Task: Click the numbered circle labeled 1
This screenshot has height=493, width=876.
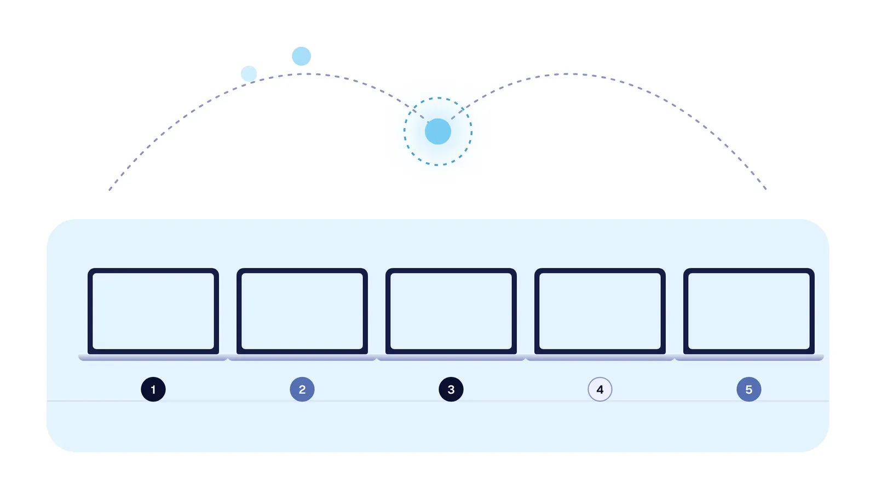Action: [x=153, y=389]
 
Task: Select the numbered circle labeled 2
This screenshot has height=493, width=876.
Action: [x=302, y=389]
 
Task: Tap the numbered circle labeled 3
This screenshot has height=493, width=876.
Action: [x=451, y=389]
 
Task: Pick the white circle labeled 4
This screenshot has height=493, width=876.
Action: [x=600, y=389]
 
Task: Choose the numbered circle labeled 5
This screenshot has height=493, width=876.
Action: [x=749, y=389]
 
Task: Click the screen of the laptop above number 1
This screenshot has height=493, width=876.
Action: [x=153, y=311]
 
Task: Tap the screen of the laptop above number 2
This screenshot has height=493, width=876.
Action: [x=302, y=311]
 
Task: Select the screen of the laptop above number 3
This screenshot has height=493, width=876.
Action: [x=451, y=311]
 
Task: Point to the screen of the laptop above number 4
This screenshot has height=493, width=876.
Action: [x=600, y=311]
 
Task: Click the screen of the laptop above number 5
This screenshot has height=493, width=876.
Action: [x=749, y=311]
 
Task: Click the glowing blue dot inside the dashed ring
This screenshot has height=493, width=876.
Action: [x=438, y=131]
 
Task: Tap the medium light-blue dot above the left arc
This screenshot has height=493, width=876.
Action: [x=302, y=56]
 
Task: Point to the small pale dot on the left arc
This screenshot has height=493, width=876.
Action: [x=249, y=73]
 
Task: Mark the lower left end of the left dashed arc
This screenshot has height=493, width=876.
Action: [x=109, y=190]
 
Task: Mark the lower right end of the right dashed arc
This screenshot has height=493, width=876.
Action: [x=766, y=190]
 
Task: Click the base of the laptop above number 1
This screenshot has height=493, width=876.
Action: [x=153, y=357]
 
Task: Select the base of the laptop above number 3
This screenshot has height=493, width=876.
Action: [x=451, y=357]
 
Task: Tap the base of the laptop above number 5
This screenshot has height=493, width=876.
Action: [x=749, y=357]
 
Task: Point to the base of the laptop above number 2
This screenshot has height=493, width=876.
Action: [x=302, y=357]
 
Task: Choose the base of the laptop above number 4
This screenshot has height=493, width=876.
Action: [x=600, y=357]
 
